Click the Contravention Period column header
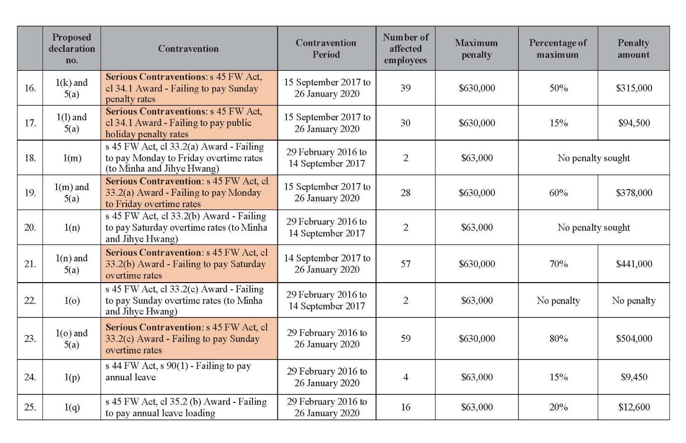tap(326, 49)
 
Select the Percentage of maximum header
tap(558, 49)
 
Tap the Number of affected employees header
tap(405, 49)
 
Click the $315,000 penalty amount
tap(634, 88)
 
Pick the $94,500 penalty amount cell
tap(634, 123)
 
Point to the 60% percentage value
tap(558, 192)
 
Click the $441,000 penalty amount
tap(634, 264)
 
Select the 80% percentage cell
tap(558, 338)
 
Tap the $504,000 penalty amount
tap(634, 338)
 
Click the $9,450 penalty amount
tap(634, 377)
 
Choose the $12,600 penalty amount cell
tap(634, 407)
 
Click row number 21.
tap(30, 264)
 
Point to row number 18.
tap(30, 158)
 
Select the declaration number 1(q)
tap(72, 407)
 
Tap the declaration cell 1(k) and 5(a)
tap(72, 88)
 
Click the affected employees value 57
tap(405, 264)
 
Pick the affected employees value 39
tap(405, 88)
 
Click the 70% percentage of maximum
tap(558, 264)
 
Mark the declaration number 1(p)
tap(72, 377)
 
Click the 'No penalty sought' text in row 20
tap(594, 227)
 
